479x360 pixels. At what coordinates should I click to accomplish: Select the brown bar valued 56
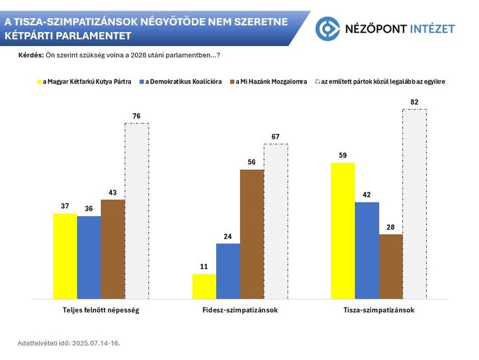click(x=252, y=235)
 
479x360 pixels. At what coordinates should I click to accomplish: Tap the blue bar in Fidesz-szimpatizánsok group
click(x=228, y=271)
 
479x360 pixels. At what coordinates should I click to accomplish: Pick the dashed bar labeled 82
click(x=414, y=204)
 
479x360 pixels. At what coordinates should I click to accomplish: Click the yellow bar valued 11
click(x=204, y=287)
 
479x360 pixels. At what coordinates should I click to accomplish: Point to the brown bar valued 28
click(x=390, y=267)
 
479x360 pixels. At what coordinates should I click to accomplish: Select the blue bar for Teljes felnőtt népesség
click(x=89, y=257)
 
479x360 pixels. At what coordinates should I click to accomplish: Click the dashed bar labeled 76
click(x=137, y=211)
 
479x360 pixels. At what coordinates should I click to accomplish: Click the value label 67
click(x=276, y=137)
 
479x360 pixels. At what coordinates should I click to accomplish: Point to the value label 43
click(x=113, y=193)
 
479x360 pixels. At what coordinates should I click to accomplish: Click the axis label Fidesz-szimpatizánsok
click(x=239, y=311)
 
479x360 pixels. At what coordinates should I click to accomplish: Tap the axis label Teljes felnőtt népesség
click(x=101, y=311)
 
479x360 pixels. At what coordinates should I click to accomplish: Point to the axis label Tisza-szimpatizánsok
click(x=379, y=311)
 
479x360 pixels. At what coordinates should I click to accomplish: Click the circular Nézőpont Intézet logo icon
click(x=328, y=28)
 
